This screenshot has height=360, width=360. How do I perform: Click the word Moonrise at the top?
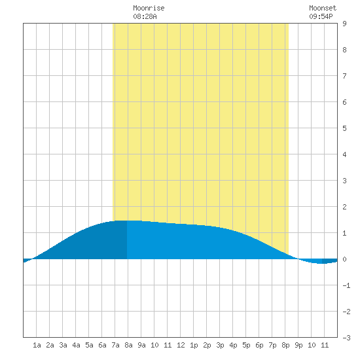tap(149, 8)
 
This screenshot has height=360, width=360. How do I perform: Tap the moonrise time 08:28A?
tap(145, 16)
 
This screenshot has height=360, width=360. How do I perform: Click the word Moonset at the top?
tap(323, 8)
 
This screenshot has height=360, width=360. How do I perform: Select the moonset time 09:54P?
tap(321, 16)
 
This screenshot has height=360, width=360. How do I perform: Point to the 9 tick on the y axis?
tap(344, 24)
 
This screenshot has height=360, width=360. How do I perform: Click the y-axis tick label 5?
tap(344, 128)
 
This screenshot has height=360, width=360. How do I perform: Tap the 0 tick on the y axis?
tap(344, 259)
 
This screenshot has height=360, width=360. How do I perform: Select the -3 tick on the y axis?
tap(346, 338)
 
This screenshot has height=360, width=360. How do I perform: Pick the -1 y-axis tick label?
tap(346, 285)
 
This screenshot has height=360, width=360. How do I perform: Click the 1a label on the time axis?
tap(37, 345)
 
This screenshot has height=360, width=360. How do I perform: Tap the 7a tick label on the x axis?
tap(115, 345)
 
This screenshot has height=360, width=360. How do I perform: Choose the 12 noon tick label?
tap(181, 345)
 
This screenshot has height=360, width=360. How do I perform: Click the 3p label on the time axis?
tap(220, 345)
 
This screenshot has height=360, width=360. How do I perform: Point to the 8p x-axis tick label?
tap(285, 345)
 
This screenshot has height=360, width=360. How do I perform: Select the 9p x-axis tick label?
tap(298, 345)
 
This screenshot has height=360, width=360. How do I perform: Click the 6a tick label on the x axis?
tap(102, 345)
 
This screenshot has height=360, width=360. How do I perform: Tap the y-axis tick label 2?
tap(344, 207)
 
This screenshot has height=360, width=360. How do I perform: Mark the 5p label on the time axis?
tap(246, 345)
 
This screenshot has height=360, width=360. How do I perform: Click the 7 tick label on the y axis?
tap(344, 76)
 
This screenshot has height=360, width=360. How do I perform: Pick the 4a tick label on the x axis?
tap(76, 345)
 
